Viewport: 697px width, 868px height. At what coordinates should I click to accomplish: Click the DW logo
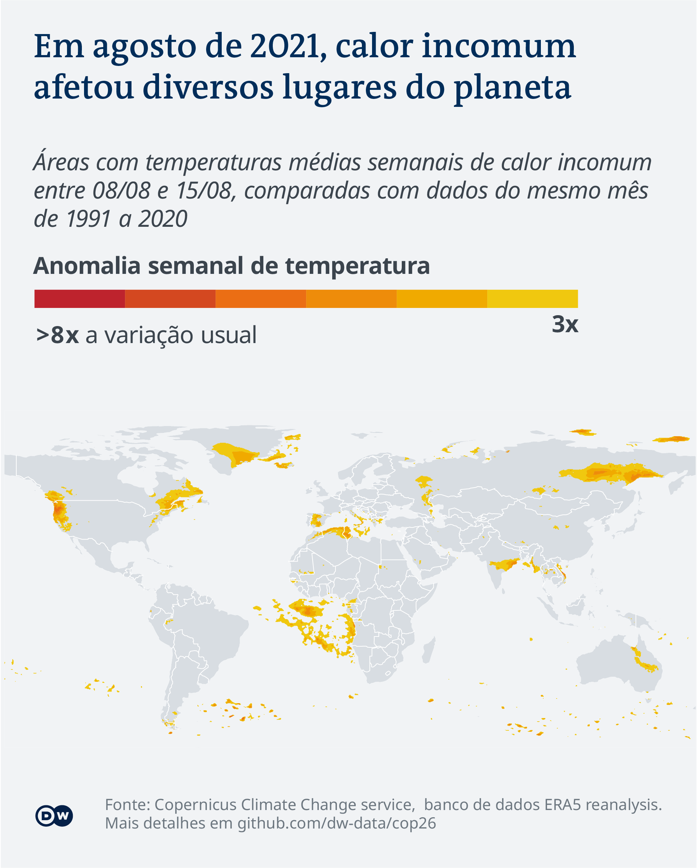click(54, 816)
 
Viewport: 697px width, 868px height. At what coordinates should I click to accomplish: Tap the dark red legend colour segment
click(79, 299)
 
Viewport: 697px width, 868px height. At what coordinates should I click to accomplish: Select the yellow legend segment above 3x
click(532, 299)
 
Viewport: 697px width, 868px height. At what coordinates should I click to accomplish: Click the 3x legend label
click(564, 324)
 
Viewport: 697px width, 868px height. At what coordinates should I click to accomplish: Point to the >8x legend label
click(57, 335)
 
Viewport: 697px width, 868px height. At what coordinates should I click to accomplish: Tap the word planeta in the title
click(512, 87)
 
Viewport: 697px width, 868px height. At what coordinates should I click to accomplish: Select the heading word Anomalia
click(87, 266)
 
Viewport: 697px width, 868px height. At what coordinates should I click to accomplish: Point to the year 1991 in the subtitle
click(88, 219)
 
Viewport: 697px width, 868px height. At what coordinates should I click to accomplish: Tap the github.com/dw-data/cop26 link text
click(337, 823)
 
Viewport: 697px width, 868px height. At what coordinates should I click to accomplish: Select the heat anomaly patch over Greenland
click(238, 455)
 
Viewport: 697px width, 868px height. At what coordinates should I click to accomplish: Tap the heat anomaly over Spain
click(316, 520)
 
